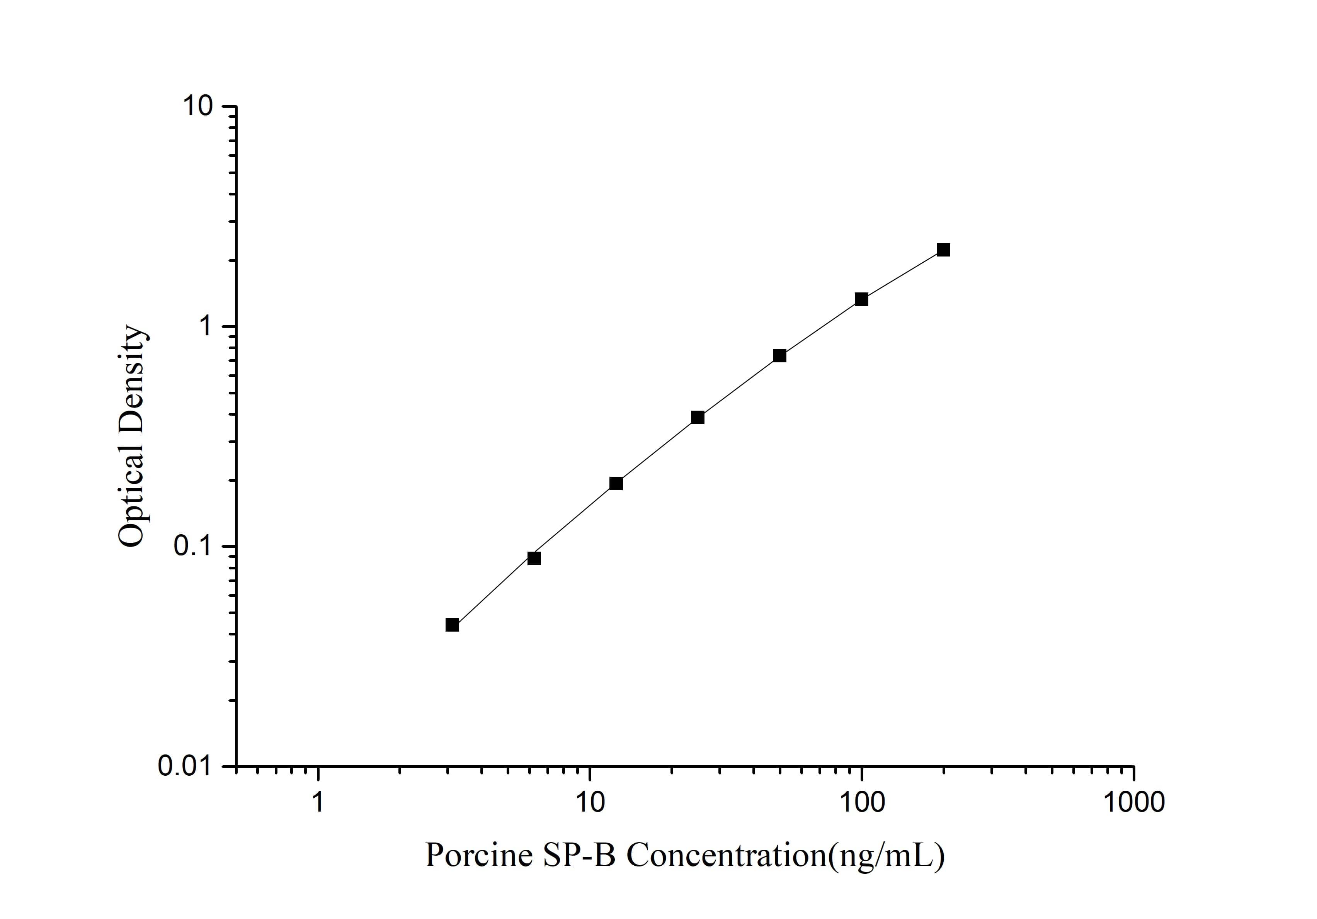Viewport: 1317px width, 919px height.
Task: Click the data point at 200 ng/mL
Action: [943, 250]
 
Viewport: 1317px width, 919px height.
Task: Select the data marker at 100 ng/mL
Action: [861, 299]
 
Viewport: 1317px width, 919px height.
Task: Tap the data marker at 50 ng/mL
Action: [779, 355]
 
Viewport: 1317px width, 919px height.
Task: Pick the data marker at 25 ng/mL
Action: [698, 417]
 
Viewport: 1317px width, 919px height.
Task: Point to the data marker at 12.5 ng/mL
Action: [616, 483]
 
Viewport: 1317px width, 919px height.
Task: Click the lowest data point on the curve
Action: [452, 625]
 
